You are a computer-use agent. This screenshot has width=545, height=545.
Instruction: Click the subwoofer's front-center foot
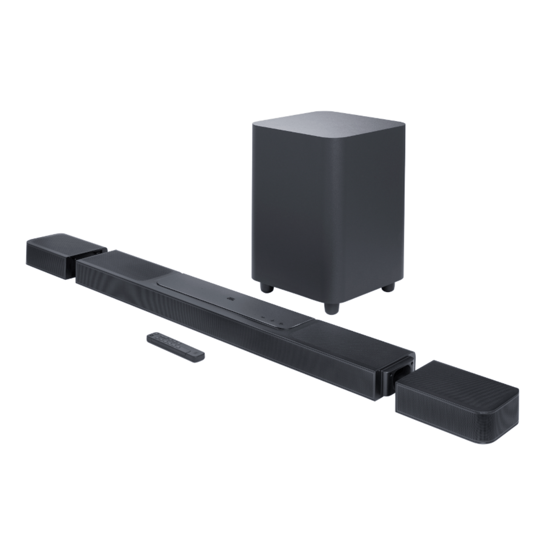coord(331,307)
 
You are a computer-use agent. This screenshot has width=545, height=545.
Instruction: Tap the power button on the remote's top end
coord(152,335)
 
